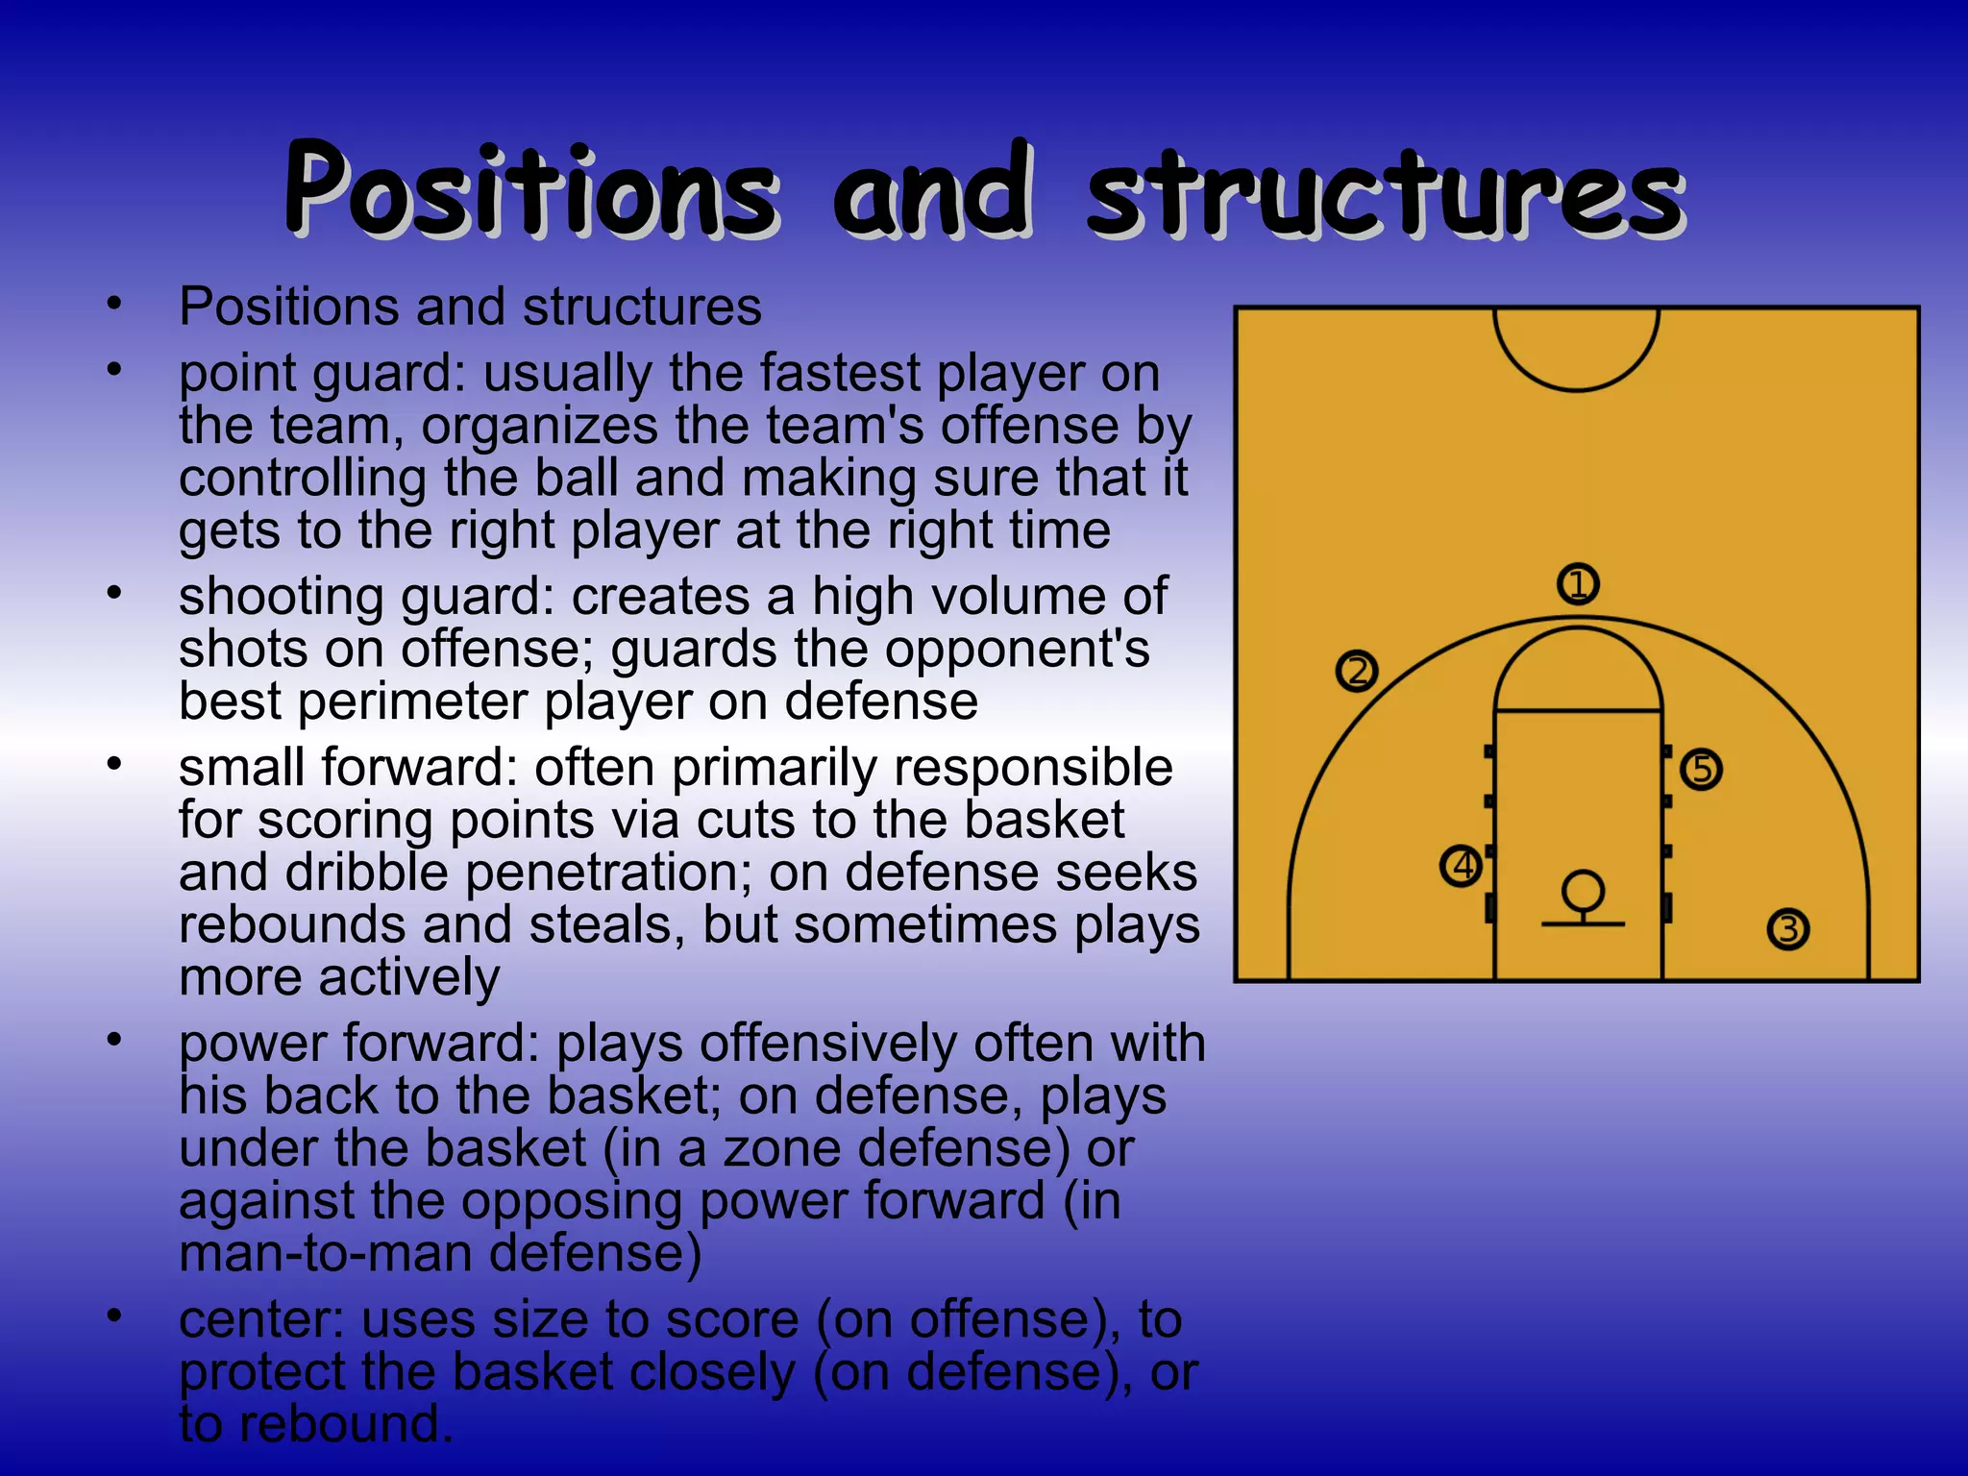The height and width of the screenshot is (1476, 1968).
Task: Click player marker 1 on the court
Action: click(x=1578, y=583)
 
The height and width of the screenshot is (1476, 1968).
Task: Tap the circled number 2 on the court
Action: click(x=1357, y=671)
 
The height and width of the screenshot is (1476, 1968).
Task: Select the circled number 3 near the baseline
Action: click(x=1787, y=929)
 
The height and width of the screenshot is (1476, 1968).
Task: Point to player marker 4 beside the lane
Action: click(x=1462, y=866)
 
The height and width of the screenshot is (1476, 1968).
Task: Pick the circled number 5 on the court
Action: click(x=1701, y=769)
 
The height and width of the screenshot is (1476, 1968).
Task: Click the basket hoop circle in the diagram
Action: click(x=1582, y=890)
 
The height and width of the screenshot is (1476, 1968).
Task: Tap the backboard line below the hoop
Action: click(x=1582, y=923)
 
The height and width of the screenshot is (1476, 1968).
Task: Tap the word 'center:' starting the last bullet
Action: click(x=260, y=1319)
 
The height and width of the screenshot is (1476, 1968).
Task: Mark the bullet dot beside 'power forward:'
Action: click(x=114, y=1039)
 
